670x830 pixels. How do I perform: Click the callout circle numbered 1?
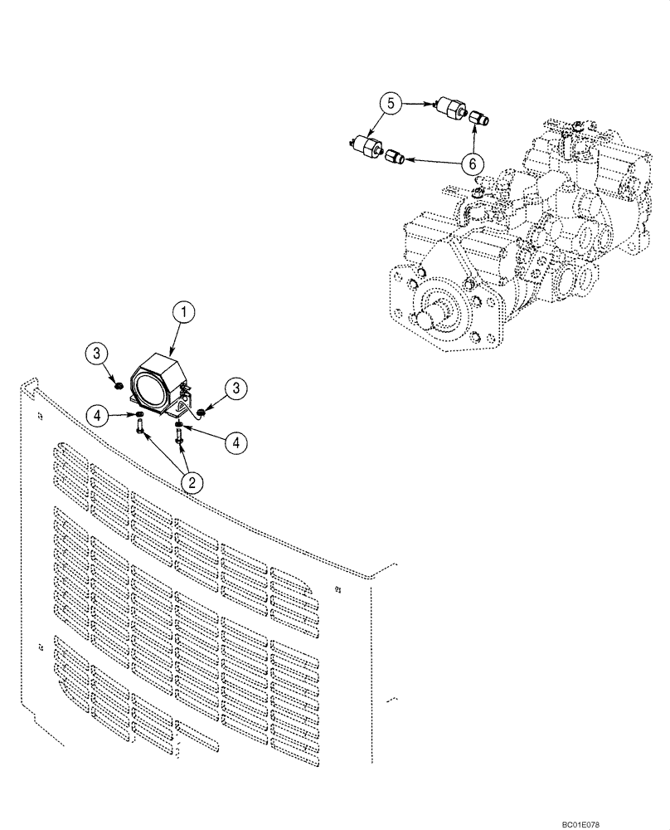184,312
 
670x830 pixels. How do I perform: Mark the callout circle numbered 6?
471,164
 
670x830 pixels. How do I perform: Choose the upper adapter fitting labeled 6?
477,121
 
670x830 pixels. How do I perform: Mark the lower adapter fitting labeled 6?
396,156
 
